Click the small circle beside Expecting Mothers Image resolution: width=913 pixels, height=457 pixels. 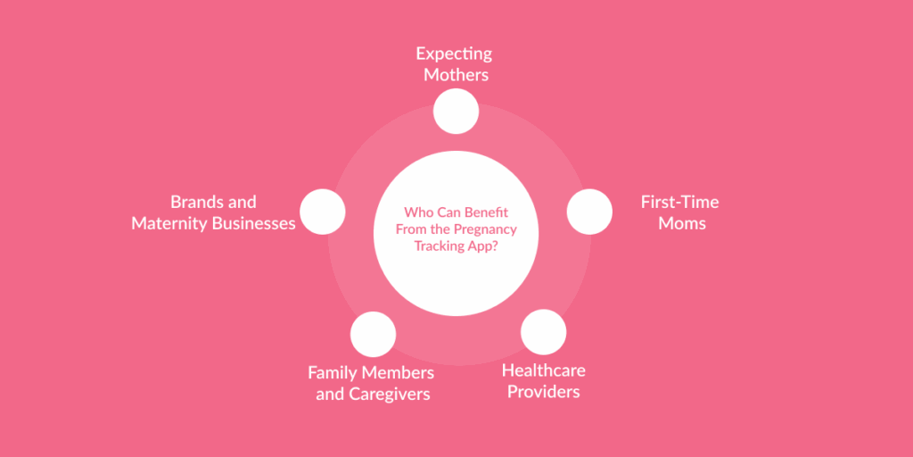pyautogui.click(x=456, y=112)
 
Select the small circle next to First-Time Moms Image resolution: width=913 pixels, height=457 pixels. pyautogui.click(x=589, y=212)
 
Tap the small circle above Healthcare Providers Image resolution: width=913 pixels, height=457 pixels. pyautogui.click(x=543, y=332)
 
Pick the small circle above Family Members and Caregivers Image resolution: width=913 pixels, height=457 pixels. pyautogui.click(x=373, y=334)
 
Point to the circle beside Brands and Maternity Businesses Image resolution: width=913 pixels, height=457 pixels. pyautogui.click(x=322, y=212)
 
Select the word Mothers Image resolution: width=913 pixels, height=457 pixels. pyautogui.click(x=456, y=75)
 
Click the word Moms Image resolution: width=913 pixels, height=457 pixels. pyautogui.click(x=681, y=223)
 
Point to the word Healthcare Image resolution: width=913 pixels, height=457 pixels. pyautogui.click(x=543, y=370)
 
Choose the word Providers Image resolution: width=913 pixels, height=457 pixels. pyautogui.click(x=543, y=391)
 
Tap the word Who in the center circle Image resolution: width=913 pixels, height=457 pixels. pyautogui.click(x=416, y=212)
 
